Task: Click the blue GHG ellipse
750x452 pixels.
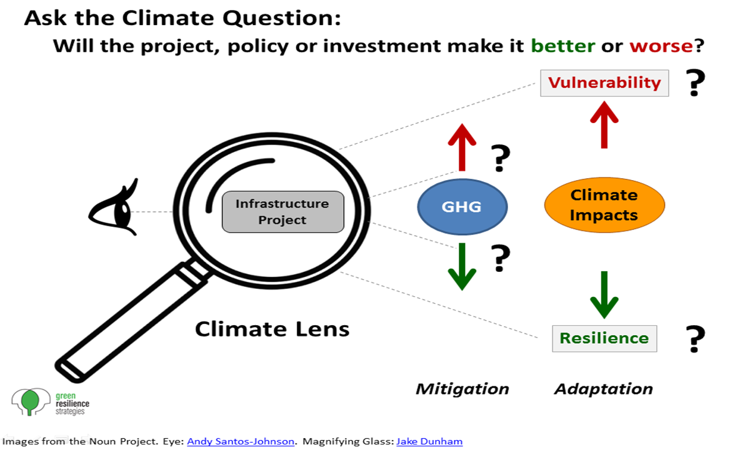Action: [462, 206]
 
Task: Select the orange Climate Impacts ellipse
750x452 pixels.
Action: [604, 205]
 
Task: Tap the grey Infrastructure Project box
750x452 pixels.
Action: [283, 211]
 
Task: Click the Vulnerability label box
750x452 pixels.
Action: [604, 83]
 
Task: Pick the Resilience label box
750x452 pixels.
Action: [604, 338]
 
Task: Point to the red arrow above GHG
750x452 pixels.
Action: [462, 148]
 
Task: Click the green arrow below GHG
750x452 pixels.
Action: [462, 266]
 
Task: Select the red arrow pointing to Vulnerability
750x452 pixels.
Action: [604, 124]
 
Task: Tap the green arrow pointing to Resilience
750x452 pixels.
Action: [604, 295]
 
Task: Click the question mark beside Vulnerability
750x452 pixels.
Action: [695, 83]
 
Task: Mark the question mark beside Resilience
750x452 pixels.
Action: [695, 338]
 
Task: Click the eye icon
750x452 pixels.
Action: [114, 208]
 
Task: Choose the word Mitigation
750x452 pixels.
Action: [462, 389]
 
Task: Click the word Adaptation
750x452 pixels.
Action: [604, 389]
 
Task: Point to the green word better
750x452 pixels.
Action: [563, 46]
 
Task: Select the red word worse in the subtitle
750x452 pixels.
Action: [661, 46]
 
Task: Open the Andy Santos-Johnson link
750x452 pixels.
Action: [241, 441]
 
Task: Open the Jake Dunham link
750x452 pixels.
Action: [429, 441]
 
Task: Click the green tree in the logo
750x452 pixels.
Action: [30, 402]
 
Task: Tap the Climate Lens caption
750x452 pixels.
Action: [272, 329]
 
